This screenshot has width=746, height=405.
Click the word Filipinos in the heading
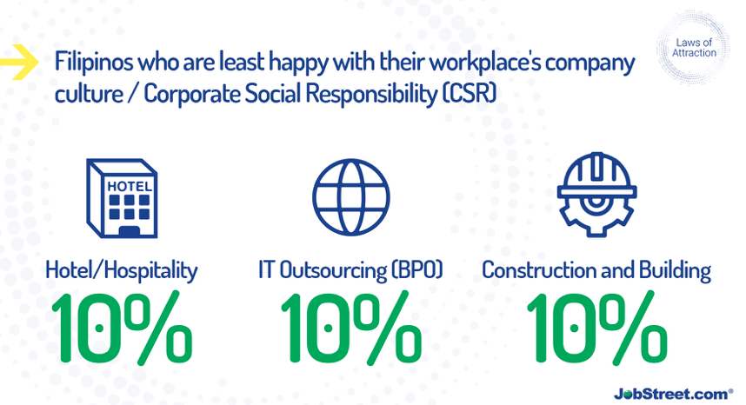pos(94,62)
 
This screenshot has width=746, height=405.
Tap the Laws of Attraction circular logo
pos(693,48)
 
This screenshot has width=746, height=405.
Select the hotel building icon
pos(122,198)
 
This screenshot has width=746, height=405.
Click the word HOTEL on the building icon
pos(130,186)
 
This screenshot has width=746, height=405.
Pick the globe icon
pos(351,196)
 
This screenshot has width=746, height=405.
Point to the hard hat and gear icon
pos(597,194)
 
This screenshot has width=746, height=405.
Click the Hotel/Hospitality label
pos(122,271)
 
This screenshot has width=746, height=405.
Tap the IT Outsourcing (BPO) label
pos(350,270)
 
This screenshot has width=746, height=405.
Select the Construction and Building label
pos(596,270)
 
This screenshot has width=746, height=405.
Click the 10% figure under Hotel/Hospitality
pos(122,328)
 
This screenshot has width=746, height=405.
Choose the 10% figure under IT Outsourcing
pos(351,328)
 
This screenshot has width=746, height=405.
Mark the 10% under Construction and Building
pos(596,328)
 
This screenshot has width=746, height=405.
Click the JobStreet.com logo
pos(673,394)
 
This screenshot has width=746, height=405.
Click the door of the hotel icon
pos(129,231)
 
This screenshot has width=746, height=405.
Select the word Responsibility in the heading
pos(371,94)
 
